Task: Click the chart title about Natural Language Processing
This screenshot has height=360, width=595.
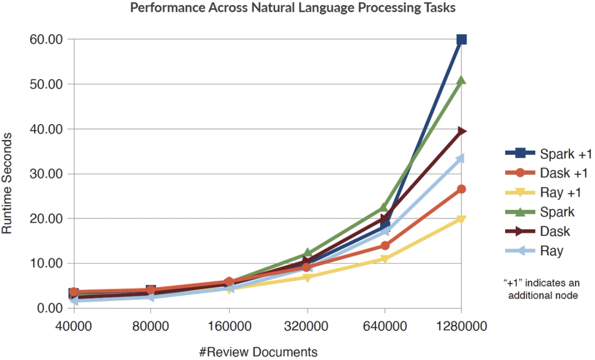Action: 293,8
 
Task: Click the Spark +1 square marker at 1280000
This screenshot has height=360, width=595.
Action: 462,39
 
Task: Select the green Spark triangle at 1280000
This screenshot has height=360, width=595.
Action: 462,81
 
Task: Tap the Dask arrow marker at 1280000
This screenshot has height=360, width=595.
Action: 462,131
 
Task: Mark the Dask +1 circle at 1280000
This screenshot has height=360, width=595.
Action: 462,189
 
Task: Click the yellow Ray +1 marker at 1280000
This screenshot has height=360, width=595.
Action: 462,220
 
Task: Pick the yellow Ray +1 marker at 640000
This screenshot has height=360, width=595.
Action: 384,259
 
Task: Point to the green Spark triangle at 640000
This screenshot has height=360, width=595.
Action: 384,208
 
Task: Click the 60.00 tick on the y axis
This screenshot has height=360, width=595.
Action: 47,40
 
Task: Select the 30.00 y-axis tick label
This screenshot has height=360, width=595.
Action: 47,174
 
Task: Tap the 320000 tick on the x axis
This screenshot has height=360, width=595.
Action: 306,325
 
